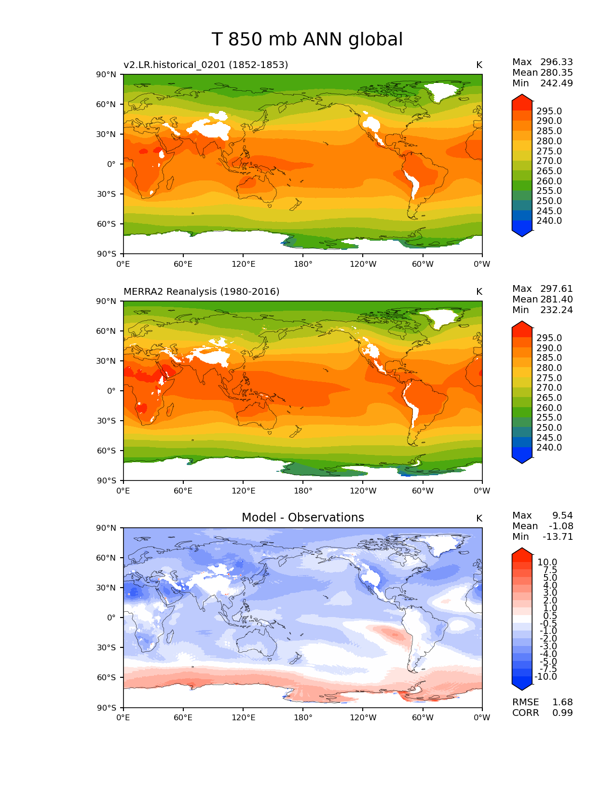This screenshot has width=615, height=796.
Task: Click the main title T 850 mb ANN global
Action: coord(307,40)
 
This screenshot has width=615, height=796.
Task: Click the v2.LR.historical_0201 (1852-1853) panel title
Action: coord(205,65)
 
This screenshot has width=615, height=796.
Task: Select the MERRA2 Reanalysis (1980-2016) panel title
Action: coord(201,291)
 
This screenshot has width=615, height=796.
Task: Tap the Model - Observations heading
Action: coord(302,518)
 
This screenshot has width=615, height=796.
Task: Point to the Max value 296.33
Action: coord(556,62)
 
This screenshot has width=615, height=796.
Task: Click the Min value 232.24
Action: coord(556,310)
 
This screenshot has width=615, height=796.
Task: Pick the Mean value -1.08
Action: coord(560,526)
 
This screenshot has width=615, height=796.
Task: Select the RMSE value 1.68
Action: coord(562,702)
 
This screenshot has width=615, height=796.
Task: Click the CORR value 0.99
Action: coord(562,713)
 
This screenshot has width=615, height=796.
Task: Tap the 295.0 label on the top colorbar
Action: coord(549,111)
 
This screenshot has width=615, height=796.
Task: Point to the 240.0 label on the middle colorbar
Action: coord(549,447)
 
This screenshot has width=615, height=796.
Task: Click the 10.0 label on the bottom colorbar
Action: coord(547,562)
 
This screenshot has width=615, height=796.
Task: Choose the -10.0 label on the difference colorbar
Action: coord(546,676)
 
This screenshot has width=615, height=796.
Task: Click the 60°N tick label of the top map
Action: coord(108,104)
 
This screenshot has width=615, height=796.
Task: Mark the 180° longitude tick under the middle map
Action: coord(303,491)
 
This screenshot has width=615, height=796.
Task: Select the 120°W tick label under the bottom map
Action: coord(363,717)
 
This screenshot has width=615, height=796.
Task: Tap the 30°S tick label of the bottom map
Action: coord(108,647)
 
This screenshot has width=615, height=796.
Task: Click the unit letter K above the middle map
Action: coord(479,291)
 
